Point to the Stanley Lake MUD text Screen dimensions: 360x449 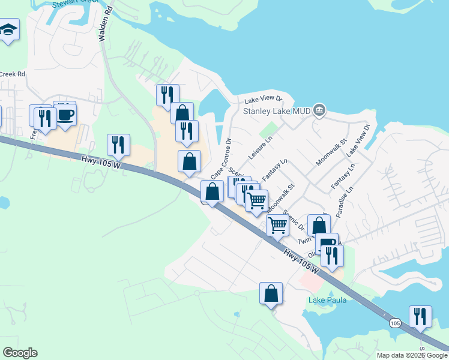click(276, 111)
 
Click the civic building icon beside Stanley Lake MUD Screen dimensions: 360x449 click(319, 110)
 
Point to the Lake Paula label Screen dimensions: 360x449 click(327, 300)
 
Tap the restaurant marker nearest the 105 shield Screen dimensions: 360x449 click(420, 316)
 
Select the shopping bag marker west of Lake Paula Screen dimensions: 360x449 click(271, 293)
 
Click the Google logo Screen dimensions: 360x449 click(20, 353)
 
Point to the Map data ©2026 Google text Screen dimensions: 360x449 click(411, 355)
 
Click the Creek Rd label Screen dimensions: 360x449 click(12, 74)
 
